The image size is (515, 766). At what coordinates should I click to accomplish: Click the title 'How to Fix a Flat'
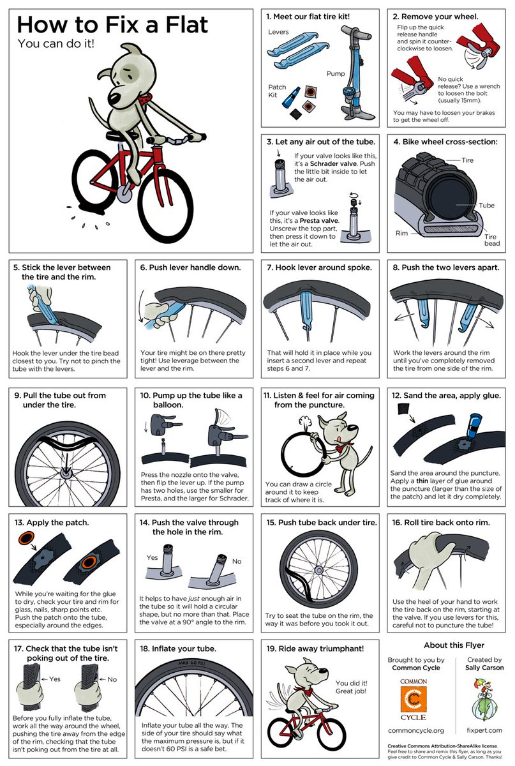tap(112, 26)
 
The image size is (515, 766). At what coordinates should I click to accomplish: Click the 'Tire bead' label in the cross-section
tap(491, 241)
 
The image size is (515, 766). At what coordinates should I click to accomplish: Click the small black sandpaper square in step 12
tap(402, 408)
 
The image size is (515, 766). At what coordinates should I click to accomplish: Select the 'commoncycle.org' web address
tap(416, 730)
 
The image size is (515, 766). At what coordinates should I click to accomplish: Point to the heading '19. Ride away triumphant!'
tap(315, 649)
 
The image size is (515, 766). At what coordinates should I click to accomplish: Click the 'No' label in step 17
tap(112, 679)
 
